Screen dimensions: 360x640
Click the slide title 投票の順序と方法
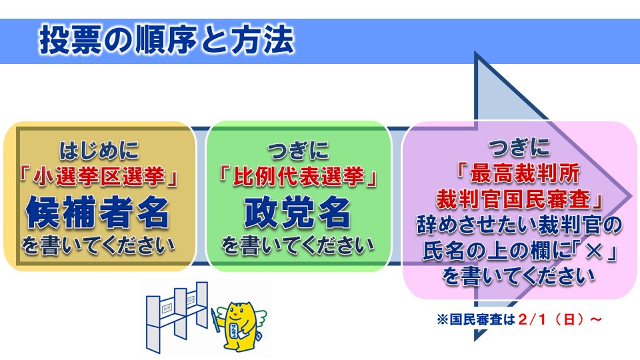(166, 41)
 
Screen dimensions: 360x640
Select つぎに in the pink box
(519, 144)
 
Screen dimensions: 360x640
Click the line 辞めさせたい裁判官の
(519, 225)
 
